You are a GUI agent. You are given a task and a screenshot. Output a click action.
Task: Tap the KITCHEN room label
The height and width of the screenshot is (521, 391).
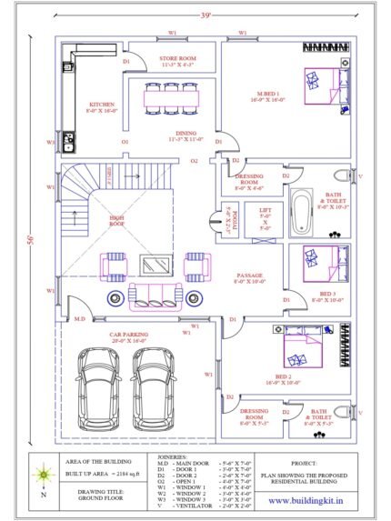click(x=102, y=105)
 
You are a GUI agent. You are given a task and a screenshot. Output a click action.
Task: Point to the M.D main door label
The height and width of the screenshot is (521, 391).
click(x=79, y=319)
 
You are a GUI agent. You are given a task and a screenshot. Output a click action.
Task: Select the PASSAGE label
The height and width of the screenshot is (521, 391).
click(x=249, y=275)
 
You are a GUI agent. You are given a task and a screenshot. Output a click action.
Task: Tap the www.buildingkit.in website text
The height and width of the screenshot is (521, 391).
click(x=306, y=500)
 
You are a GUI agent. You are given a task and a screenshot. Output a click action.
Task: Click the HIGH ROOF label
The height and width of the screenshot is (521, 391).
click(x=93, y=218)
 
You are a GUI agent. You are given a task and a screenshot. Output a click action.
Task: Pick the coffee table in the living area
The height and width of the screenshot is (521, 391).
click(x=151, y=265)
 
